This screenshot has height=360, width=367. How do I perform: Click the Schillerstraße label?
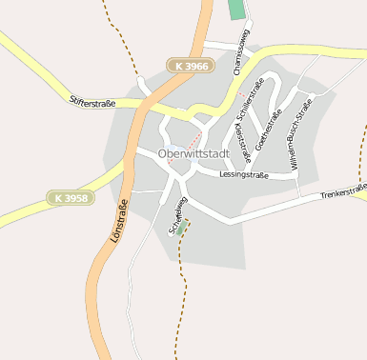click(x=251, y=103)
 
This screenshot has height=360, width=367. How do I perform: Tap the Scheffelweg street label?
click(x=174, y=214)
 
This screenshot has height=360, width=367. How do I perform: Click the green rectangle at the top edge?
click(x=236, y=11)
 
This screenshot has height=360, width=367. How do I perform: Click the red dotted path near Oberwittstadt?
click(x=189, y=144)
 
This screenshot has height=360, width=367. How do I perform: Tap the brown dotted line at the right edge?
click(x=361, y=162)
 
